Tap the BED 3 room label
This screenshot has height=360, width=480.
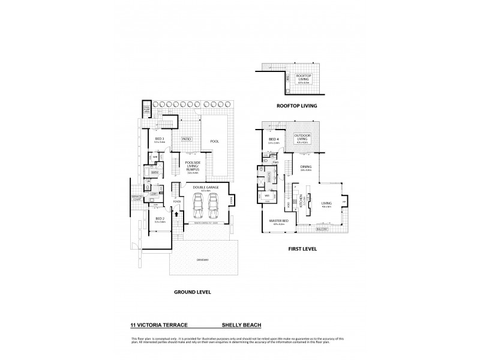click(160, 139)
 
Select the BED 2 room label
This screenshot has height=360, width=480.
click(160, 220)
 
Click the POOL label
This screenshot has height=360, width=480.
click(214, 142)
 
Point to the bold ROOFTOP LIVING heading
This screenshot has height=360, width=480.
click(297, 106)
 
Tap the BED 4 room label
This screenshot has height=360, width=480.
click(274, 141)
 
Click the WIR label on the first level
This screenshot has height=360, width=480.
click(266, 196)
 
